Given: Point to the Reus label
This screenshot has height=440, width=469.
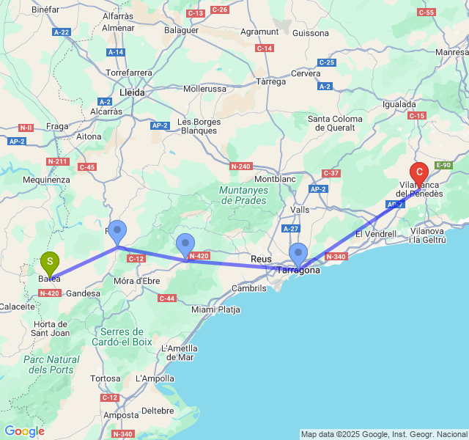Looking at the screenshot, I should pyautogui.click(x=261, y=259).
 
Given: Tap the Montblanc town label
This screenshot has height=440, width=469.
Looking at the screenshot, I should pyautogui.click(x=274, y=179).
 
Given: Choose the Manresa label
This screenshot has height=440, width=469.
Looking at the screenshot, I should pyautogui.click(x=451, y=53).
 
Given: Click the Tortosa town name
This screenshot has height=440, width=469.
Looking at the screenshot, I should pyautogui.click(x=106, y=378).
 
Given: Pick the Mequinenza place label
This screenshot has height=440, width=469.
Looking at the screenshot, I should pyautogui.click(x=46, y=180).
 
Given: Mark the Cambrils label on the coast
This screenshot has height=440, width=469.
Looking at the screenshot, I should pyautogui.click(x=249, y=288).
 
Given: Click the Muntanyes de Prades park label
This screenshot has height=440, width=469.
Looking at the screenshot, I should pyautogui.click(x=243, y=194).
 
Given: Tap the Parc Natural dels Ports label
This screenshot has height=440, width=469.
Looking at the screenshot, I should pyautogui.click(x=51, y=364).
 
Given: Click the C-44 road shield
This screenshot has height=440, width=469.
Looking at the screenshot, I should pyautogui.click(x=167, y=298).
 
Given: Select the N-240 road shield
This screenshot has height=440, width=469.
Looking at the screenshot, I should pyautogui.click(x=240, y=166).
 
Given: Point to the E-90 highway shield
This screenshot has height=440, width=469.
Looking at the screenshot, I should pyautogui.click(x=443, y=166).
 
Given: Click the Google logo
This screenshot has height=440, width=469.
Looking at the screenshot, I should pyautogui.click(x=24, y=431).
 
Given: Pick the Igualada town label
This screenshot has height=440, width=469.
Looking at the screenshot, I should pyautogui.click(x=399, y=104).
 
